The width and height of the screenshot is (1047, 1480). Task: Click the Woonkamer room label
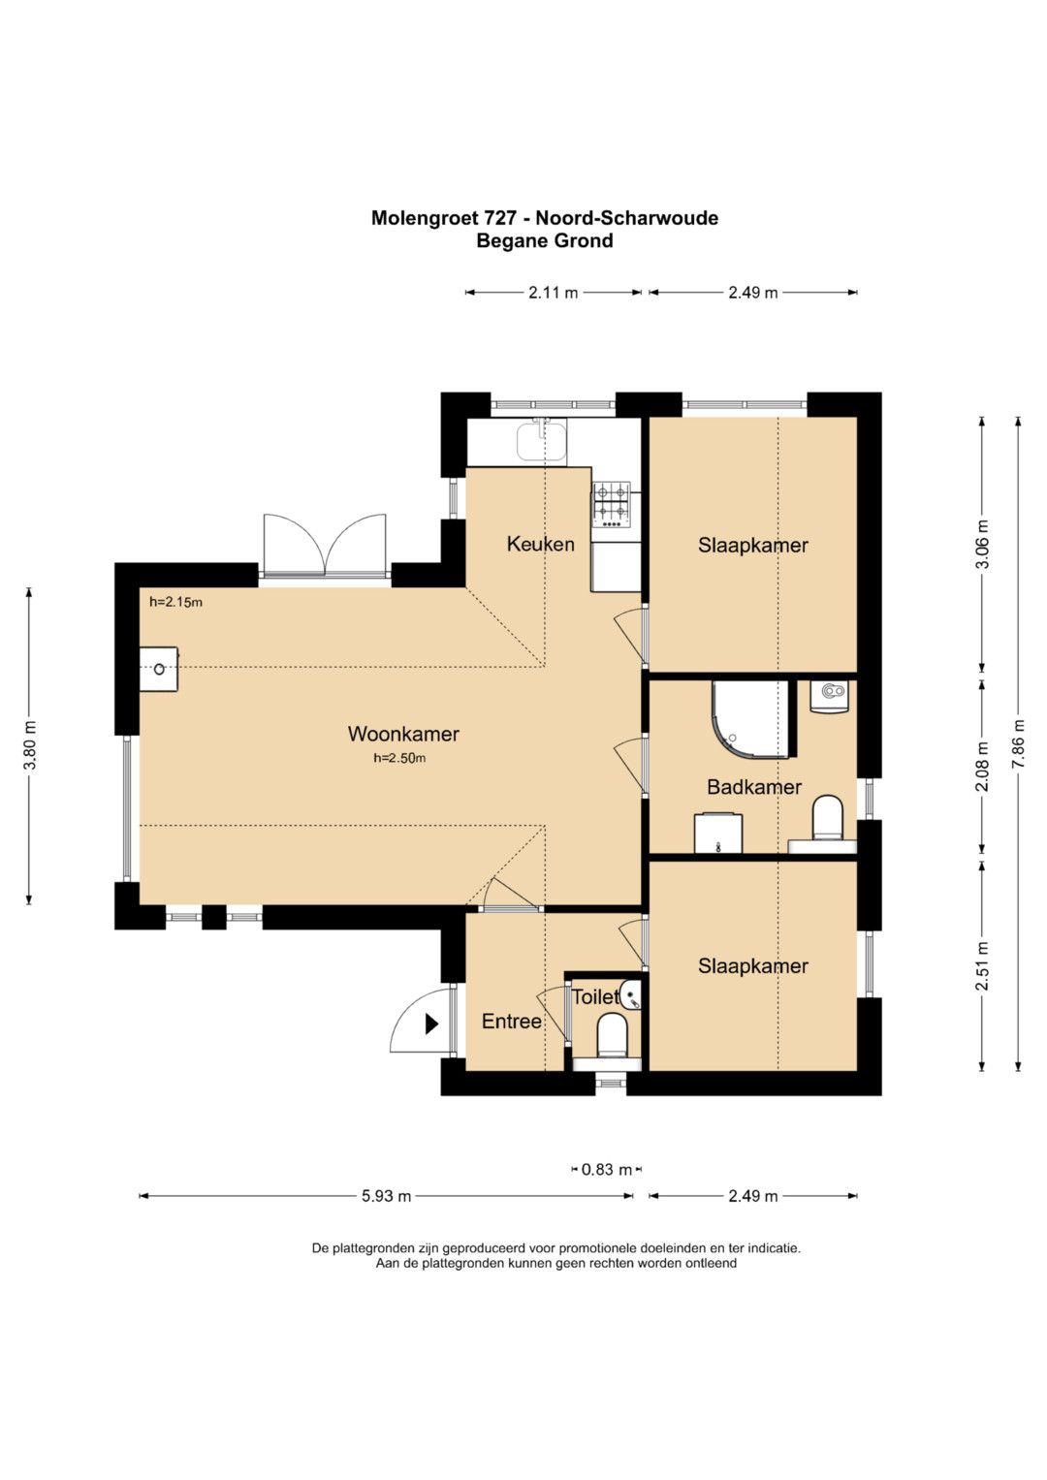point(403,734)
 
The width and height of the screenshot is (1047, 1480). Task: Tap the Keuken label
point(540,544)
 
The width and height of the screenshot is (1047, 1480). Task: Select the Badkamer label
point(753,787)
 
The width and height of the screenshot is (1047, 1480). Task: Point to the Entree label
point(512,1022)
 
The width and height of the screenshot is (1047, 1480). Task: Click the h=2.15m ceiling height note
point(175,602)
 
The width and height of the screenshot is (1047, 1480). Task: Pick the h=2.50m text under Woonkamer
point(399,759)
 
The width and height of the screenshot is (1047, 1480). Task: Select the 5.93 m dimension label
point(387,1196)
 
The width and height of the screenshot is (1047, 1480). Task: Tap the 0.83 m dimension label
point(607,1170)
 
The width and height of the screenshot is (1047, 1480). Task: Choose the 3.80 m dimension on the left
point(29,744)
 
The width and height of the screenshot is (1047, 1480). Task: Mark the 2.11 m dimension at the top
point(554,293)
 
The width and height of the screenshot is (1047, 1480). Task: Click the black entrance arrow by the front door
point(431,1024)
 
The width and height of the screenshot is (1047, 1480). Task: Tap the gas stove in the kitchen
point(612,505)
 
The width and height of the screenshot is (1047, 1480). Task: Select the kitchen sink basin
point(541,442)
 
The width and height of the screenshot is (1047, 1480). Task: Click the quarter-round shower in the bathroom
point(751,719)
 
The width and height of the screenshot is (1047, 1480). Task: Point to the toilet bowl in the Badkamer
point(828,818)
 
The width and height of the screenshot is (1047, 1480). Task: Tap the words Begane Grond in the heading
point(545,241)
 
